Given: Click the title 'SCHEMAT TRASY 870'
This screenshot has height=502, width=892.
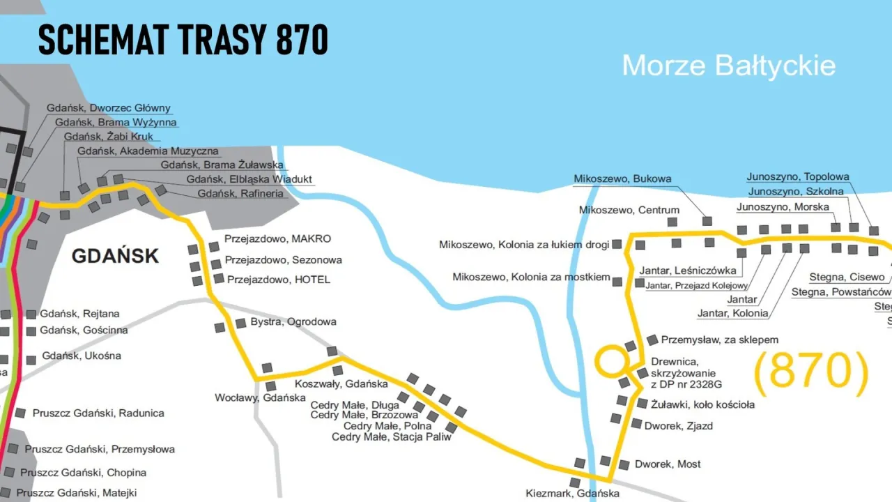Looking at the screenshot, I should (183, 40).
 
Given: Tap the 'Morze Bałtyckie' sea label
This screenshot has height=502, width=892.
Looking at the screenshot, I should (728, 66).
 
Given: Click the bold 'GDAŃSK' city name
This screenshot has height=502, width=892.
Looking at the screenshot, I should (115, 256).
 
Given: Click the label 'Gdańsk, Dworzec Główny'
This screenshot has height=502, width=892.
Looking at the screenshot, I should (108, 108).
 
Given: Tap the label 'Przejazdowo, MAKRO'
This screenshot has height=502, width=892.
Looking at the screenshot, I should (277, 239).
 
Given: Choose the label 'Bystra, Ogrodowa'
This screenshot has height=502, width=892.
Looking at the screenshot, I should (293, 321).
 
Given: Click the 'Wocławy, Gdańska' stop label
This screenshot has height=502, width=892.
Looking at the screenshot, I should (260, 397).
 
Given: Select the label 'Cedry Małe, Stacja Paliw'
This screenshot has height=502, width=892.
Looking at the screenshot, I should (391, 436).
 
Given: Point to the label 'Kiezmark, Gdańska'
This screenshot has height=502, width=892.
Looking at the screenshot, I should (573, 494).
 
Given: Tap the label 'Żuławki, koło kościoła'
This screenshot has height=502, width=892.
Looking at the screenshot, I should (702, 404).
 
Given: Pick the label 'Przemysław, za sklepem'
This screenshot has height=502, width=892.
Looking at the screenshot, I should (719, 340).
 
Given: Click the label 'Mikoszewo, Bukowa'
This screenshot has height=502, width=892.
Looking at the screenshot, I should (622, 178).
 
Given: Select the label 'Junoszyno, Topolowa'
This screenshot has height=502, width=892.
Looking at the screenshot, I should (798, 176).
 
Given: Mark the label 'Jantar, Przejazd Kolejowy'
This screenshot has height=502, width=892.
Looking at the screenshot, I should (696, 285).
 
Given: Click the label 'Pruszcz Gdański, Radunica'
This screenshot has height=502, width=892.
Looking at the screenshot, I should (98, 413).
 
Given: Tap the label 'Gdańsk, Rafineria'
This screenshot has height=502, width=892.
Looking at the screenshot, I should (240, 193).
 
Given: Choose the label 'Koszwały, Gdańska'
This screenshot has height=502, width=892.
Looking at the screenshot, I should (341, 383).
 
